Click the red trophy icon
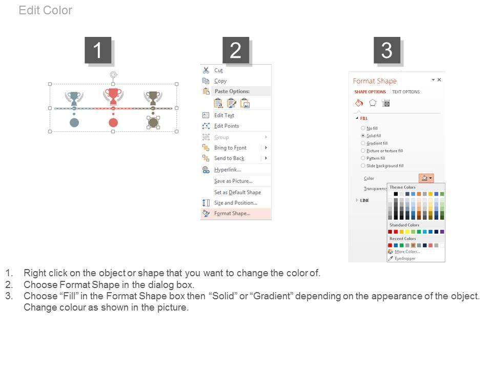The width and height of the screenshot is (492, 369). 113,96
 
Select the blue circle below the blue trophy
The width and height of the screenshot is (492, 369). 74,122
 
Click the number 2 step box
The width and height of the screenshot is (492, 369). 236,50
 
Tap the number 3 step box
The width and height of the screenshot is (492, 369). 386,50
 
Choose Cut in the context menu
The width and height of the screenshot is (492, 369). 218,70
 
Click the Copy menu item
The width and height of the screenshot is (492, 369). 220,81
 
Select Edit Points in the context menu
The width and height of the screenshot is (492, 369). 227,126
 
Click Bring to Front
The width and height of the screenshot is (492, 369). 230,148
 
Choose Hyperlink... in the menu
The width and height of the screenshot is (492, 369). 228,170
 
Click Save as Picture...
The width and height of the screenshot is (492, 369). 234,181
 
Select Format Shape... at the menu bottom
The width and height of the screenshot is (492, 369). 232,213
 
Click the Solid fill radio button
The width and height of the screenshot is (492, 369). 363,136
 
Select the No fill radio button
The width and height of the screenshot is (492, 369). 363,128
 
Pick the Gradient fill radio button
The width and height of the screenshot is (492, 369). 363,143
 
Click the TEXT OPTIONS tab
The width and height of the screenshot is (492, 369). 406,92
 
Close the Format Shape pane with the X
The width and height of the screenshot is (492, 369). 439,80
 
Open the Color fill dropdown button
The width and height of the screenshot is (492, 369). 426,178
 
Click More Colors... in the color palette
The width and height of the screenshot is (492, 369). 407,252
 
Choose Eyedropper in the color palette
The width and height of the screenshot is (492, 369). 405,258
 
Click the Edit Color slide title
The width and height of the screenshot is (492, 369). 46,10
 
